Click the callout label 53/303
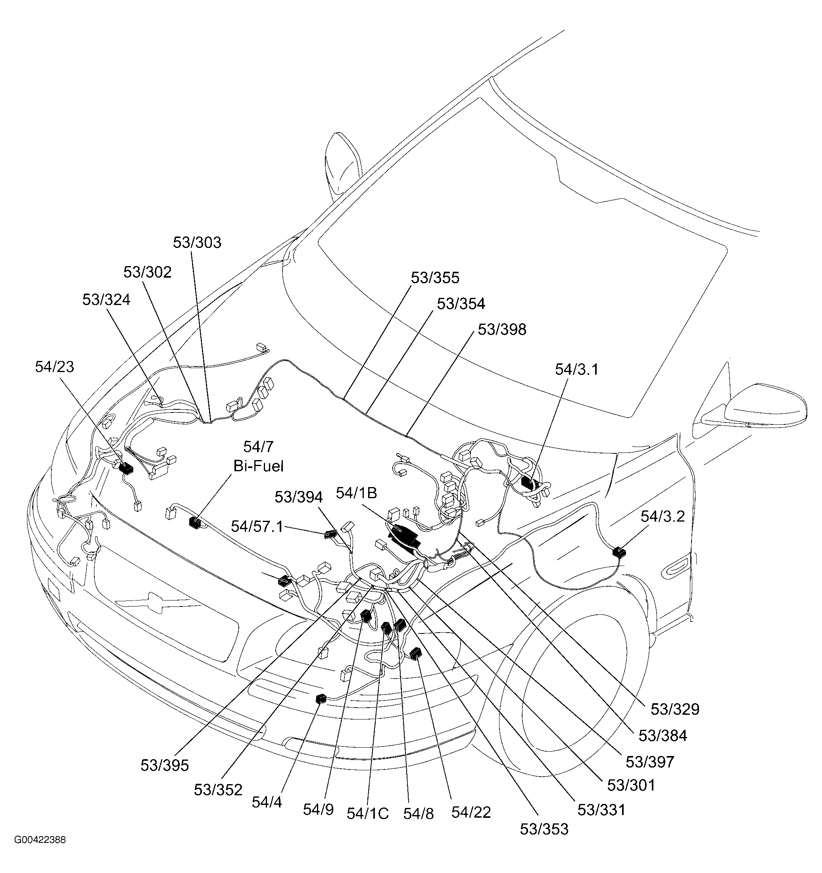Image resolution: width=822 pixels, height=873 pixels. (x=197, y=242)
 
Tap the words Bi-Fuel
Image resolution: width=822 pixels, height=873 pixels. (x=258, y=466)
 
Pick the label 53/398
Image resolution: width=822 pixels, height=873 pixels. (x=502, y=329)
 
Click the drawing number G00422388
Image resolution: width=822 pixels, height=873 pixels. (x=40, y=840)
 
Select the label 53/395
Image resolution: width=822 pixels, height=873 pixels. (x=164, y=766)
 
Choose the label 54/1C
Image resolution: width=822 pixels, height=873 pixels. (x=368, y=814)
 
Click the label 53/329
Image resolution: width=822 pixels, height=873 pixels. (x=675, y=709)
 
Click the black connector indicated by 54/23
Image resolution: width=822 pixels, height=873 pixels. (x=126, y=468)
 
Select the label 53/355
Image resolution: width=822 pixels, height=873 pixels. (x=435, y=278)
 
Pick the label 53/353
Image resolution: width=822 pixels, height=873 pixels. (x=544, y=829)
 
